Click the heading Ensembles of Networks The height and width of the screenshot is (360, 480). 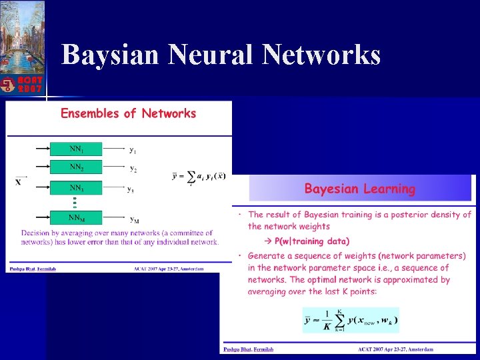[128, 113]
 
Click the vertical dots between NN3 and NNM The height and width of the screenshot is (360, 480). [75, 203]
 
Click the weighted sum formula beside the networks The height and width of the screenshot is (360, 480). [199, 176]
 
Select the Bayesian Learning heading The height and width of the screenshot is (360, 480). [359, 189]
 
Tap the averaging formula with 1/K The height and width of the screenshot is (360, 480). [351, 320]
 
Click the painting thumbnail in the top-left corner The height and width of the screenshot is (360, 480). [22, 37]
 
